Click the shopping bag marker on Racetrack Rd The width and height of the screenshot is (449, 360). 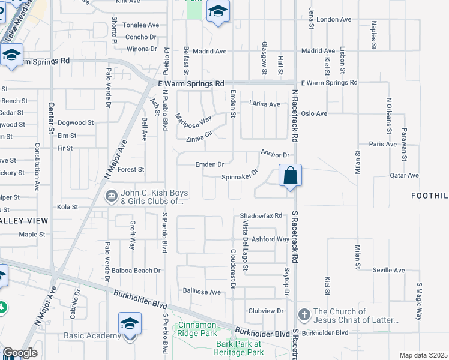[x=290, y=176]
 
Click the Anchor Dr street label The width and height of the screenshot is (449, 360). [x=275, y=154]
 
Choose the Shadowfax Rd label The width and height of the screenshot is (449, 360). [x=261, y=215]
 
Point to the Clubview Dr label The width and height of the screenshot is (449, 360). [x=265, y=311]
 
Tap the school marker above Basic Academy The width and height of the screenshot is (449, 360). [x=130, y=323]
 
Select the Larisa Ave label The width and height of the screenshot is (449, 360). [x=265, y=104]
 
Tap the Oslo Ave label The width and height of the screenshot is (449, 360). [x=314, y=113]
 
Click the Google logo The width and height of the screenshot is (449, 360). [x=19, y=353]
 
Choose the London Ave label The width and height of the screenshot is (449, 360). [x=334, y=19]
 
